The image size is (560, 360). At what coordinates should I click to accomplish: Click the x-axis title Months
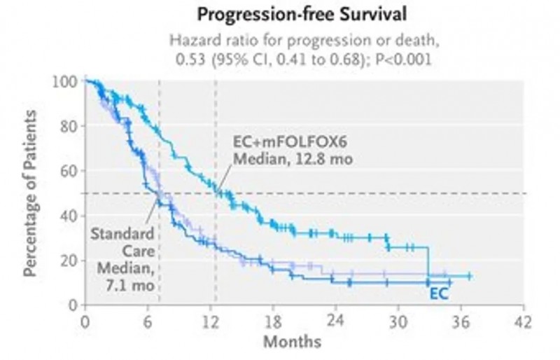pyautogui.click(x=292, y=342)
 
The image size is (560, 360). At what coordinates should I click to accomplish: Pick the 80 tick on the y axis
pyautogui.click(x=66, y=126)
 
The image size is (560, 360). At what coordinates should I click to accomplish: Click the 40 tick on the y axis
pyautogui.click(x=66, y=215)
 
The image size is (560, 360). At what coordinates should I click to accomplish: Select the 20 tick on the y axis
pyautogui.click(x=66, y=260)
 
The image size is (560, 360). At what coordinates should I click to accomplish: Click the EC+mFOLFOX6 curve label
pyautogui.click(x=283, y=141)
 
